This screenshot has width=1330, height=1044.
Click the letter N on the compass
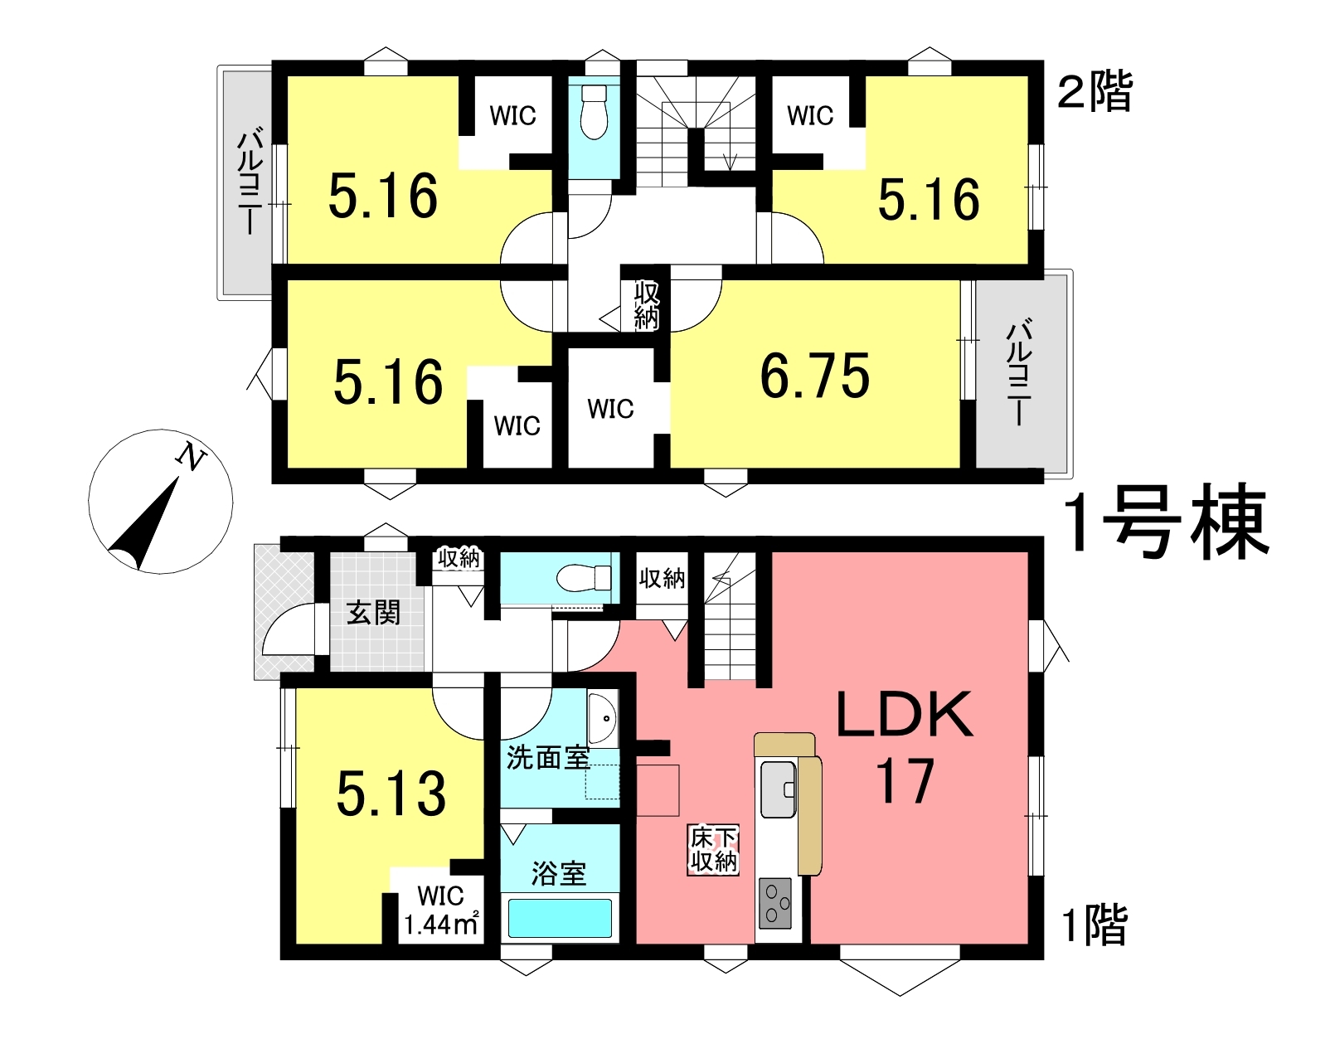pyautogui.click(x=191, y=457)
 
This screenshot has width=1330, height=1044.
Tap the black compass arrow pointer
pyautogui.click(x=146, y=525)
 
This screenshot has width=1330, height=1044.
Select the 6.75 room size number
pyautogui.click(x=814, y=376)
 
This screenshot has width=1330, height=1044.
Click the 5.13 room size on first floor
pyautogui.click(x=391, y=794)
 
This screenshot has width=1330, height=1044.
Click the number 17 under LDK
pyautogui.click(x=905, y=780)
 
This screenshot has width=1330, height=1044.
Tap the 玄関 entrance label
pyautogui.click(x=373, y=613)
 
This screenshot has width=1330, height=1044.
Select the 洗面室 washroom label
pyautogui.click(x=548, y=758)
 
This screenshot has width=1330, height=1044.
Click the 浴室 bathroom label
pyautogui.click(x=559, y=874)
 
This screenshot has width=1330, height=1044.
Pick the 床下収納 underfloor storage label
pyautogui.click(x=714, y=850)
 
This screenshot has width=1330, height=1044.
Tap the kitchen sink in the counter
pyautogui.click(x=778, y=789)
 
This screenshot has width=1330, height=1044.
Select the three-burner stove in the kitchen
pyautogui.click(x=774, y=903)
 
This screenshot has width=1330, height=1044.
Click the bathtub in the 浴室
pyautogui.click(x=560, y=918)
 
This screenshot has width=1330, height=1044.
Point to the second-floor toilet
pyautogui.click(x=593, y=113)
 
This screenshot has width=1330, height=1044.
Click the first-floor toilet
pyautogui.click(x=584, y=578)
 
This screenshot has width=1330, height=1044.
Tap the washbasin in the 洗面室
pyautogui.click(x=602, y=719)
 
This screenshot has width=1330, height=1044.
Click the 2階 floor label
pyautogui.click(x=1095, y=91)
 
